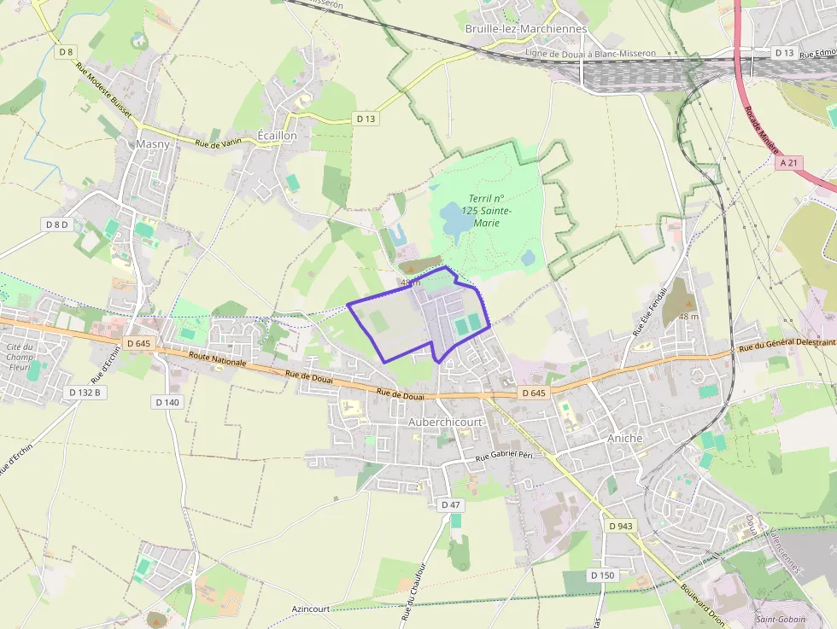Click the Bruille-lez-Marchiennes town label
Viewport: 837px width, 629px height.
click(525, 28)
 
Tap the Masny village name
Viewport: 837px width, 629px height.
click(153, 143)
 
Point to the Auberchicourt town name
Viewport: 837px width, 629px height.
click(445, 422)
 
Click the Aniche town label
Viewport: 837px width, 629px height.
click(624, 437)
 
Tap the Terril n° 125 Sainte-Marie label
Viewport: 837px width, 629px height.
click(485, 210)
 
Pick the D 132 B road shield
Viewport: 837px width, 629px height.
click(85, 392)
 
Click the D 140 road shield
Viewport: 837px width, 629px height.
click(167, 401)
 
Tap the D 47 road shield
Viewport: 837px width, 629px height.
click(451, 505)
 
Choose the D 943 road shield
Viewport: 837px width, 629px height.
click(621, 526)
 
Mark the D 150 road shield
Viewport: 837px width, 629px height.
click(602, 575)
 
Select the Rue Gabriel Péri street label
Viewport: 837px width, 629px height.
click(504, 457)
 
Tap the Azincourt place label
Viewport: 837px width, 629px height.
click(309, 609)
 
